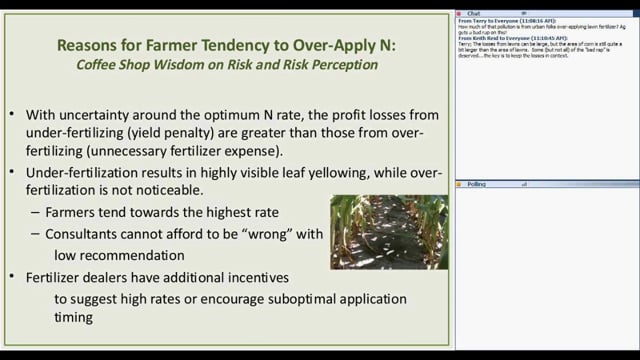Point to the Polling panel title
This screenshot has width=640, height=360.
479,185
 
